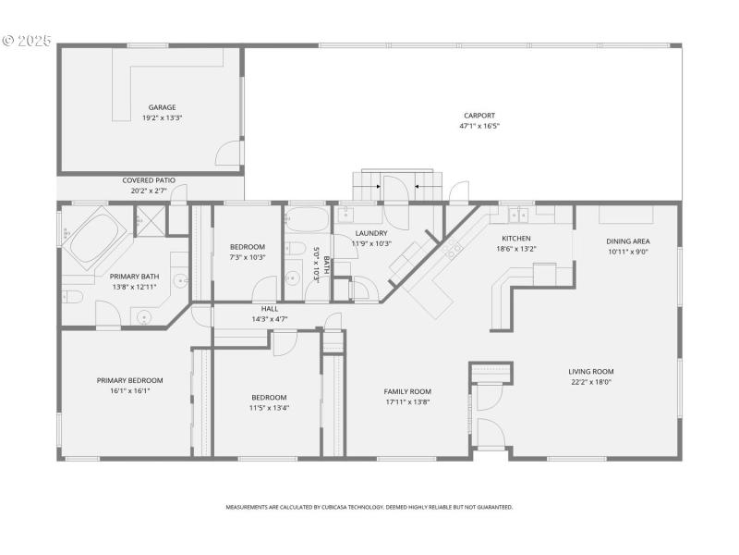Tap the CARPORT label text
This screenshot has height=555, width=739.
click(473, 116)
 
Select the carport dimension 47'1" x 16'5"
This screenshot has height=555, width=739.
click(473, 126)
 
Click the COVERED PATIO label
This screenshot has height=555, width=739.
click(149, 180)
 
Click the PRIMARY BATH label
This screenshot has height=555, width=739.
click(135, 277)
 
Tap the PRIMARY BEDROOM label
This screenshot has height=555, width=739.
click(130, 380)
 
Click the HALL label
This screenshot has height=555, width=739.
click(270, 309)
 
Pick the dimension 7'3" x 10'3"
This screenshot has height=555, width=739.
click(248, 257)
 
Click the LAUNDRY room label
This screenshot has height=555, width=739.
click(371, 233)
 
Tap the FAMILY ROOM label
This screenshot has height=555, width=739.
click(407, 391)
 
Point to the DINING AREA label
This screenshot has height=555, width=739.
click(628, 240)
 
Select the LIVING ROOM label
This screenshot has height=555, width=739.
click(591, 371)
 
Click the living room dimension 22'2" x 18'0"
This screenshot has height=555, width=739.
click(591, 382)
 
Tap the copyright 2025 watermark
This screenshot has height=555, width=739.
click(28, 41)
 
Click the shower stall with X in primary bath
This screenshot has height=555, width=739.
click(149, 222)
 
